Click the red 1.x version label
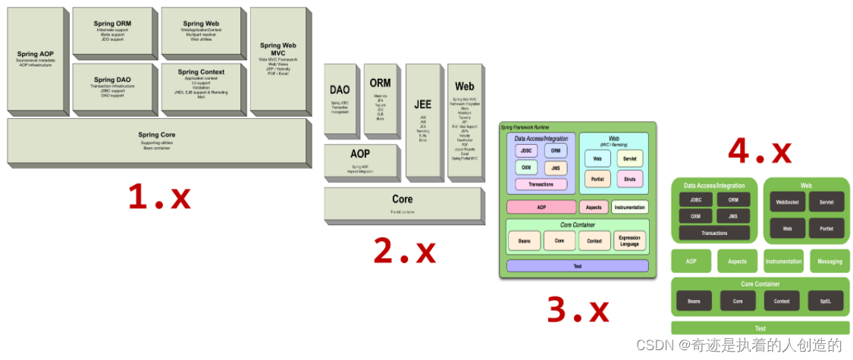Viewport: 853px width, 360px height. pyautogui.click(x=158, y=198)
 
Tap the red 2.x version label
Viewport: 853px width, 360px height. pyautogui.click(x=404, y=251)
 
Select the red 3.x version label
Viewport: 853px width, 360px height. pyautogui.click(x=578, y=308)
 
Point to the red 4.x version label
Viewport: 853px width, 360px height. pyautogui.click(x=759, y=152)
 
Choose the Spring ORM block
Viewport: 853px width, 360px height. pyautogui.click(x=112, y=30)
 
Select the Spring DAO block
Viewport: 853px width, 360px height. pyautogui.click(x=112, y=86)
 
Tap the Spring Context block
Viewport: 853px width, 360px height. pyautogui.click(x=201, y=84)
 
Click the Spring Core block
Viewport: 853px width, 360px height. pyautogui.click(x=157, y=139)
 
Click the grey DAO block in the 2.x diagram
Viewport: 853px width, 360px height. pyautogui.click(x=340, y=98)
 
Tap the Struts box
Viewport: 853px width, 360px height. pyautogui.click(x=630, y=179)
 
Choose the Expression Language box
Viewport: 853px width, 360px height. pyautogui.click(x=629, y=241)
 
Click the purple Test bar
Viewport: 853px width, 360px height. pyautogui.click(x=577, y=266)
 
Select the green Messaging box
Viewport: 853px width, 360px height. pyautogui.click(x=829, y=261)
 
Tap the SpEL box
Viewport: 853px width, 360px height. pyautogui.click(x=825, y=301)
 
